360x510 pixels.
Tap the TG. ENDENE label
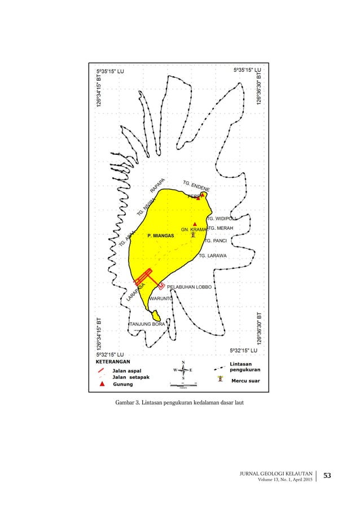coord(197,186)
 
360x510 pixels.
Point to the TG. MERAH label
coord(220,228)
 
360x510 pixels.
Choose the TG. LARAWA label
coord(213,256)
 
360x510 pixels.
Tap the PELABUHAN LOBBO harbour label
coord(190,287)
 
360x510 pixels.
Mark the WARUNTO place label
coord(161,298)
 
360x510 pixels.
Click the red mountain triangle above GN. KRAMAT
coord(195,224)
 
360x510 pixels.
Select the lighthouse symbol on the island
coord(194,234)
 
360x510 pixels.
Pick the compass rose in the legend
coord(183,370)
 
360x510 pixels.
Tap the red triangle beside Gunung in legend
coord(102,385)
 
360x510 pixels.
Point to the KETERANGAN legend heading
coord(113,360)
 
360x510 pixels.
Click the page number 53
coord(327,477)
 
